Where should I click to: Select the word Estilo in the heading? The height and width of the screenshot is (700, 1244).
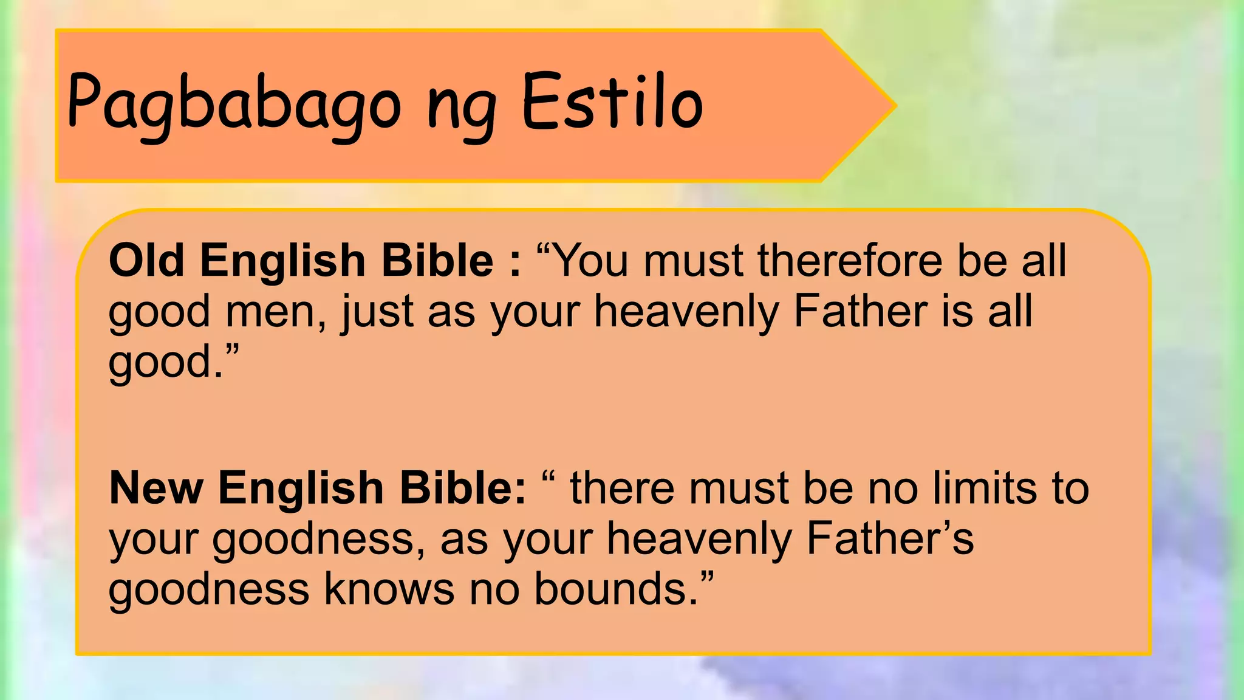coord(612,102)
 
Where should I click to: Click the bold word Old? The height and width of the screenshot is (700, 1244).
coord(146,260)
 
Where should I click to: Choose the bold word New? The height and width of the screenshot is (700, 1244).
coord(155,488)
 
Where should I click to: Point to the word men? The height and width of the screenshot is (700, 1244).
coord(272,312)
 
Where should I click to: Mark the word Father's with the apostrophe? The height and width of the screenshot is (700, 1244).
coord(890,538)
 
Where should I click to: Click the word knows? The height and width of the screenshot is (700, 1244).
coord(389,589)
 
